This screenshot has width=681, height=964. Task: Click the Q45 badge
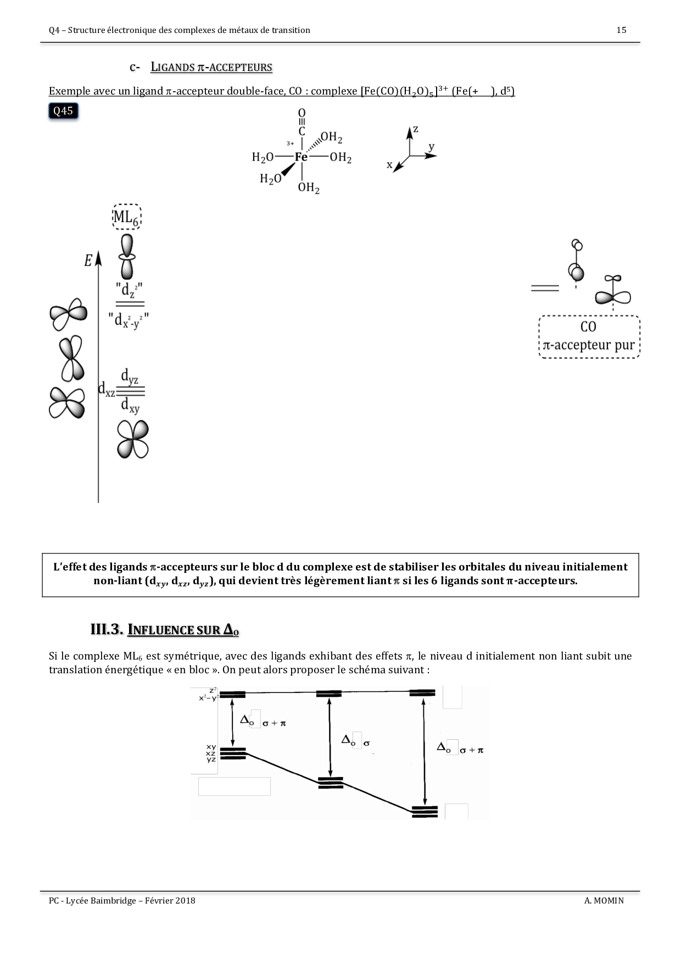click(63, 111)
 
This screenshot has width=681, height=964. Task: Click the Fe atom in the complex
click(302, 157)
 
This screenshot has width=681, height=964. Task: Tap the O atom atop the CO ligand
click(302, 114)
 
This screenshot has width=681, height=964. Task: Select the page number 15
click(621, 30)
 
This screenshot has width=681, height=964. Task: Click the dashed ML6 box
click(126, 217)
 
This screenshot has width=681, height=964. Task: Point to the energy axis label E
click(88, 261)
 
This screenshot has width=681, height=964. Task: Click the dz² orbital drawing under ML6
click(127, 256)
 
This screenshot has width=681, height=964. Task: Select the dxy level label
click(130, 406)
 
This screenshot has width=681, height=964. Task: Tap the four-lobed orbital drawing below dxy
click(133, 439)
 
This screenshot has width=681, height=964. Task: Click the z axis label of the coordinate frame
click(416, 129)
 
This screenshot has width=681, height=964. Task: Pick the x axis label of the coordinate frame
click(389, 164)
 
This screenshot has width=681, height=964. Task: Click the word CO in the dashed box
click(588, 327)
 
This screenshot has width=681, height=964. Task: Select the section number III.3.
click(106, 630)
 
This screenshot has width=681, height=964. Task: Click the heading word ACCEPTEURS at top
click(240, 68)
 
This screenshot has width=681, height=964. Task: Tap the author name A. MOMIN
click(604, 900)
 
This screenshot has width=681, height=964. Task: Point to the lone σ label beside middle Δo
click(366, 744)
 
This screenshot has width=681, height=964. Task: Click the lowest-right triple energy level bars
click(425, 811)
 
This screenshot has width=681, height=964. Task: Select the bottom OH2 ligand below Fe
click(309, 188)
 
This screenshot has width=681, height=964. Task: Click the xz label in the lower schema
click(211, 753)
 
